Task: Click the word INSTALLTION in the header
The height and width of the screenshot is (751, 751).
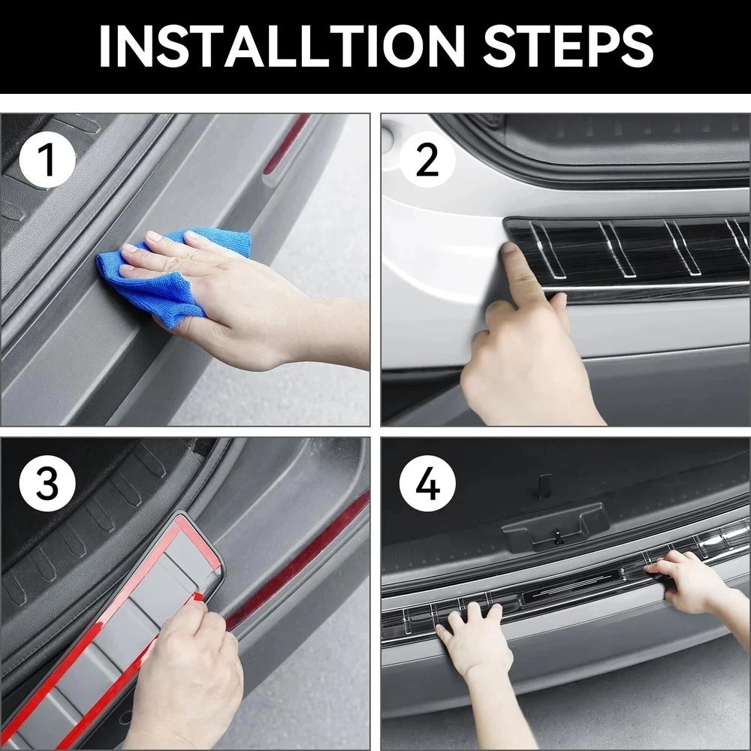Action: pyautogui.click(x=282, y=46)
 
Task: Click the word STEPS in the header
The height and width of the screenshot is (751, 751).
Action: pyautogui.click(x=568, y=46)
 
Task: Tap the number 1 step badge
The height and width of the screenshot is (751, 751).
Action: pyautogui.click(x=47, y=159)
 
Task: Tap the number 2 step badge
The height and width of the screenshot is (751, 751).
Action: pyautogui.click(x=428, y=159)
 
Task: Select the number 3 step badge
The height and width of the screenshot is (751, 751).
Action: pyautogui.click(x=47, y=484)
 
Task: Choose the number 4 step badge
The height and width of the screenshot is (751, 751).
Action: pyautogui.click(x=428, y=484)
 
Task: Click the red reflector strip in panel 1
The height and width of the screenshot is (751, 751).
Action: pyautogui.click(x=286, y=143)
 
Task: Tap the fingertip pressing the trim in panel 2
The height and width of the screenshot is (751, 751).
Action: pyautogui.click(x=510, y=252)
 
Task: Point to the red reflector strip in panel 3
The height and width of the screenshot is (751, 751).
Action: pyautogui.click(x=297, y=560)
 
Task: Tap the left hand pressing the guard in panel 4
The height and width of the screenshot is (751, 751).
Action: pyautogui.click(x=472, y=637)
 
